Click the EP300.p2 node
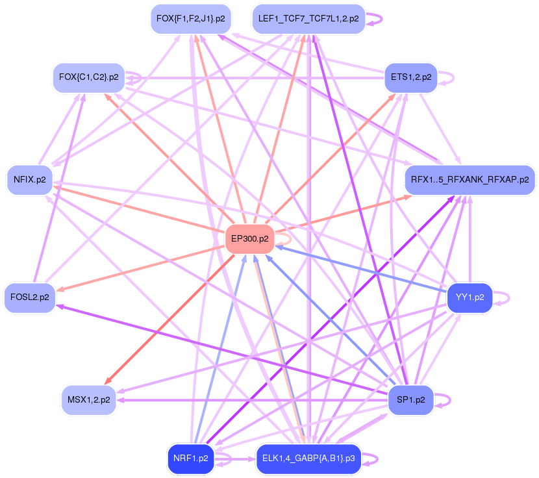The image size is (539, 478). point(249,239)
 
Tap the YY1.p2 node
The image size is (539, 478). point(470,297)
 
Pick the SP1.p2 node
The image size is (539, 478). point(410,399)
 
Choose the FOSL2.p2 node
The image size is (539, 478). point(29,297)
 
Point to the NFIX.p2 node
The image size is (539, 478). point(29,180)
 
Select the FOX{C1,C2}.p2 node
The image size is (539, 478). point(88,77)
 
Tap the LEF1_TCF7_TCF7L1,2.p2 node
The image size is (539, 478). point(308,19)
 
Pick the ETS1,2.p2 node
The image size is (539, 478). point(410,77)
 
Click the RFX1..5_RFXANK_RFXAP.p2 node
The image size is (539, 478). point(470,180)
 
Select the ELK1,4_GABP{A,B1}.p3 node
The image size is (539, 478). point(308,459)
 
